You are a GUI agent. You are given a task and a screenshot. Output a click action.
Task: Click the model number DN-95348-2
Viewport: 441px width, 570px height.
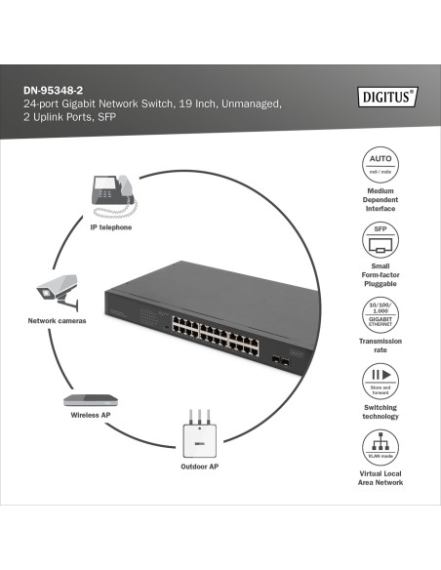(54, 90)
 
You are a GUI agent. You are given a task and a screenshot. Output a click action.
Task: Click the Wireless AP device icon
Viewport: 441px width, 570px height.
(92, 398)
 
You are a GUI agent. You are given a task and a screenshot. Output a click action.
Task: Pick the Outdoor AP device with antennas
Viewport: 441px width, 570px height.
(199, 435)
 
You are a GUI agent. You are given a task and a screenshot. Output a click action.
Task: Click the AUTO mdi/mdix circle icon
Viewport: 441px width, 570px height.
(381, 162)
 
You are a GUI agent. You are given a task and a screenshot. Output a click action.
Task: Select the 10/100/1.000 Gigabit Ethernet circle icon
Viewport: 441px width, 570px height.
(381, 313)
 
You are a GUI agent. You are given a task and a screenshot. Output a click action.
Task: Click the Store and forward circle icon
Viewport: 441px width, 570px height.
(381, 380)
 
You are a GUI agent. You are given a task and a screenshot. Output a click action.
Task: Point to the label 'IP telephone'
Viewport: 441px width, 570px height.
(110, 226)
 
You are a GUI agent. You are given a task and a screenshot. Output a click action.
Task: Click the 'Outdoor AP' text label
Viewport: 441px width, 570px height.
(199, 468)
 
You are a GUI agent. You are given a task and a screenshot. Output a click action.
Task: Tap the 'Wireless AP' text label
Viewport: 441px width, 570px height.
(90, 415)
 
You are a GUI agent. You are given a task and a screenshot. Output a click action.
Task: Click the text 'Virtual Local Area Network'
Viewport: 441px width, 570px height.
(381, 477)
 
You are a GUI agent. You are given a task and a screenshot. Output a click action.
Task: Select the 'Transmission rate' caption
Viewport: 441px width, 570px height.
(381, 346)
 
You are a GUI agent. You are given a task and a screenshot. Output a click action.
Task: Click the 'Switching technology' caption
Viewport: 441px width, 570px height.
(381, 412)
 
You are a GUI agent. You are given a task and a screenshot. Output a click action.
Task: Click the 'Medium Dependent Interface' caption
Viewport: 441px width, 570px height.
(381, 199)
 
